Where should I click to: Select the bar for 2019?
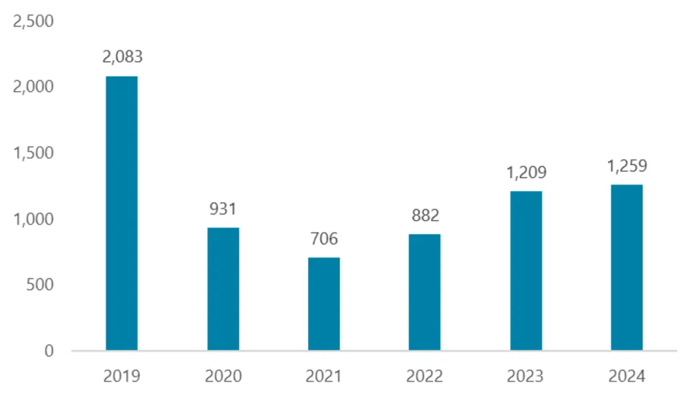click(122, 213)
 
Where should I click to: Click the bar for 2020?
click(223, 289)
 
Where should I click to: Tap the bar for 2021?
click(323, 303)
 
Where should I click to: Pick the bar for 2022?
click(424, 292)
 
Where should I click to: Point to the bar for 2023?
click(526, 271)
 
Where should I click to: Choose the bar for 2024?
click(627, 267)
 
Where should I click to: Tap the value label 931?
click(223, 209)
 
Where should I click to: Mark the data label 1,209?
click(526, 173)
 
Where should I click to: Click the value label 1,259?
click(627, 166)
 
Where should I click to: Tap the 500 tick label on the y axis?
click(40, 284)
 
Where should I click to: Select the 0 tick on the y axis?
click(49, 351)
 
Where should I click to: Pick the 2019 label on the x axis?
click(122, 376)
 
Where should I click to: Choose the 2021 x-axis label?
click(324, 376)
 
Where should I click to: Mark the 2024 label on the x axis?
click(627, 376)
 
